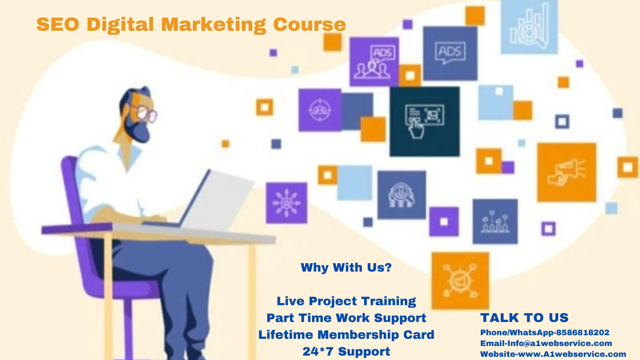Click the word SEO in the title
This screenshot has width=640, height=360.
coord(58,24)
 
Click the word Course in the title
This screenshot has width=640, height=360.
coord(310,24)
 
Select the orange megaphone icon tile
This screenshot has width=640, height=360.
coord(566,172)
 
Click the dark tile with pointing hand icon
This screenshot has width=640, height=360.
coord(424,122)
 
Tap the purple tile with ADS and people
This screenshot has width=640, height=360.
coord(374,62)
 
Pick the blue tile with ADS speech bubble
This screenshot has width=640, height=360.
coord(450,54)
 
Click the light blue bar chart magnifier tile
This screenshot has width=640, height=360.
coord(529,26)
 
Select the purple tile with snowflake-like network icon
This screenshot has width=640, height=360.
coord(286,203)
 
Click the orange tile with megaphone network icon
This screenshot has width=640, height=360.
coord(460,280)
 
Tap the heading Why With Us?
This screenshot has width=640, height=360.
coord(346,268)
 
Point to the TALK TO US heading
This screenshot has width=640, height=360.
coord(524,318)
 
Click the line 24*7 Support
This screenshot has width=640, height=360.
coord(346,352)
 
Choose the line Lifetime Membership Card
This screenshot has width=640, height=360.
coord(346,334)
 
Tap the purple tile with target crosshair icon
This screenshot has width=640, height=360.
coord(320,110)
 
